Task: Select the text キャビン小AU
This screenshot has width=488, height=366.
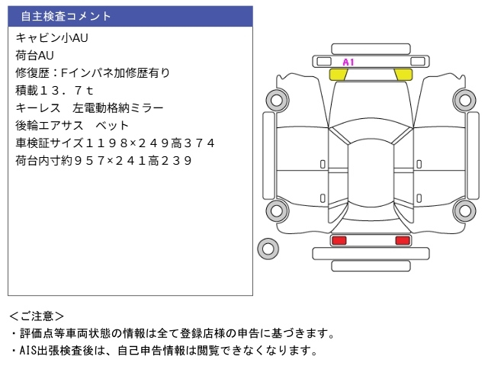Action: pos(47,37)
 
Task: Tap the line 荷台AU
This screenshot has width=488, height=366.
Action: pos(35,55)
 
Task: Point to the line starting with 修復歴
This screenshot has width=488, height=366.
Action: pos(92,72)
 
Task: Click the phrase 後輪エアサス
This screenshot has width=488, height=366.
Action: pos(45,125)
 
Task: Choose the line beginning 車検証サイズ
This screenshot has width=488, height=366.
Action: pos(115,143)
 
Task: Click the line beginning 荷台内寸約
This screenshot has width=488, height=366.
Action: pos(103,160)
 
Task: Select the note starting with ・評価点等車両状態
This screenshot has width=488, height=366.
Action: pos(172,333)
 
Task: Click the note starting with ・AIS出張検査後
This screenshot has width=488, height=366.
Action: pos(163,351)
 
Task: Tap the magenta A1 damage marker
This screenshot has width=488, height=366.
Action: pos(348,62)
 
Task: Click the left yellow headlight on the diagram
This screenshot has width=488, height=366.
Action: pos(338,75)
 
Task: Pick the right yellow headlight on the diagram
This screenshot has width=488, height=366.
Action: pos(403,75)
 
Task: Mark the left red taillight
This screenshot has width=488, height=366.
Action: pos(339,240)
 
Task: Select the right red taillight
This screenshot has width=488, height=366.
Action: pos(402,240)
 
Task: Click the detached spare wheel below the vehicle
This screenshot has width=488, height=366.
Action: pos(268,248)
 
